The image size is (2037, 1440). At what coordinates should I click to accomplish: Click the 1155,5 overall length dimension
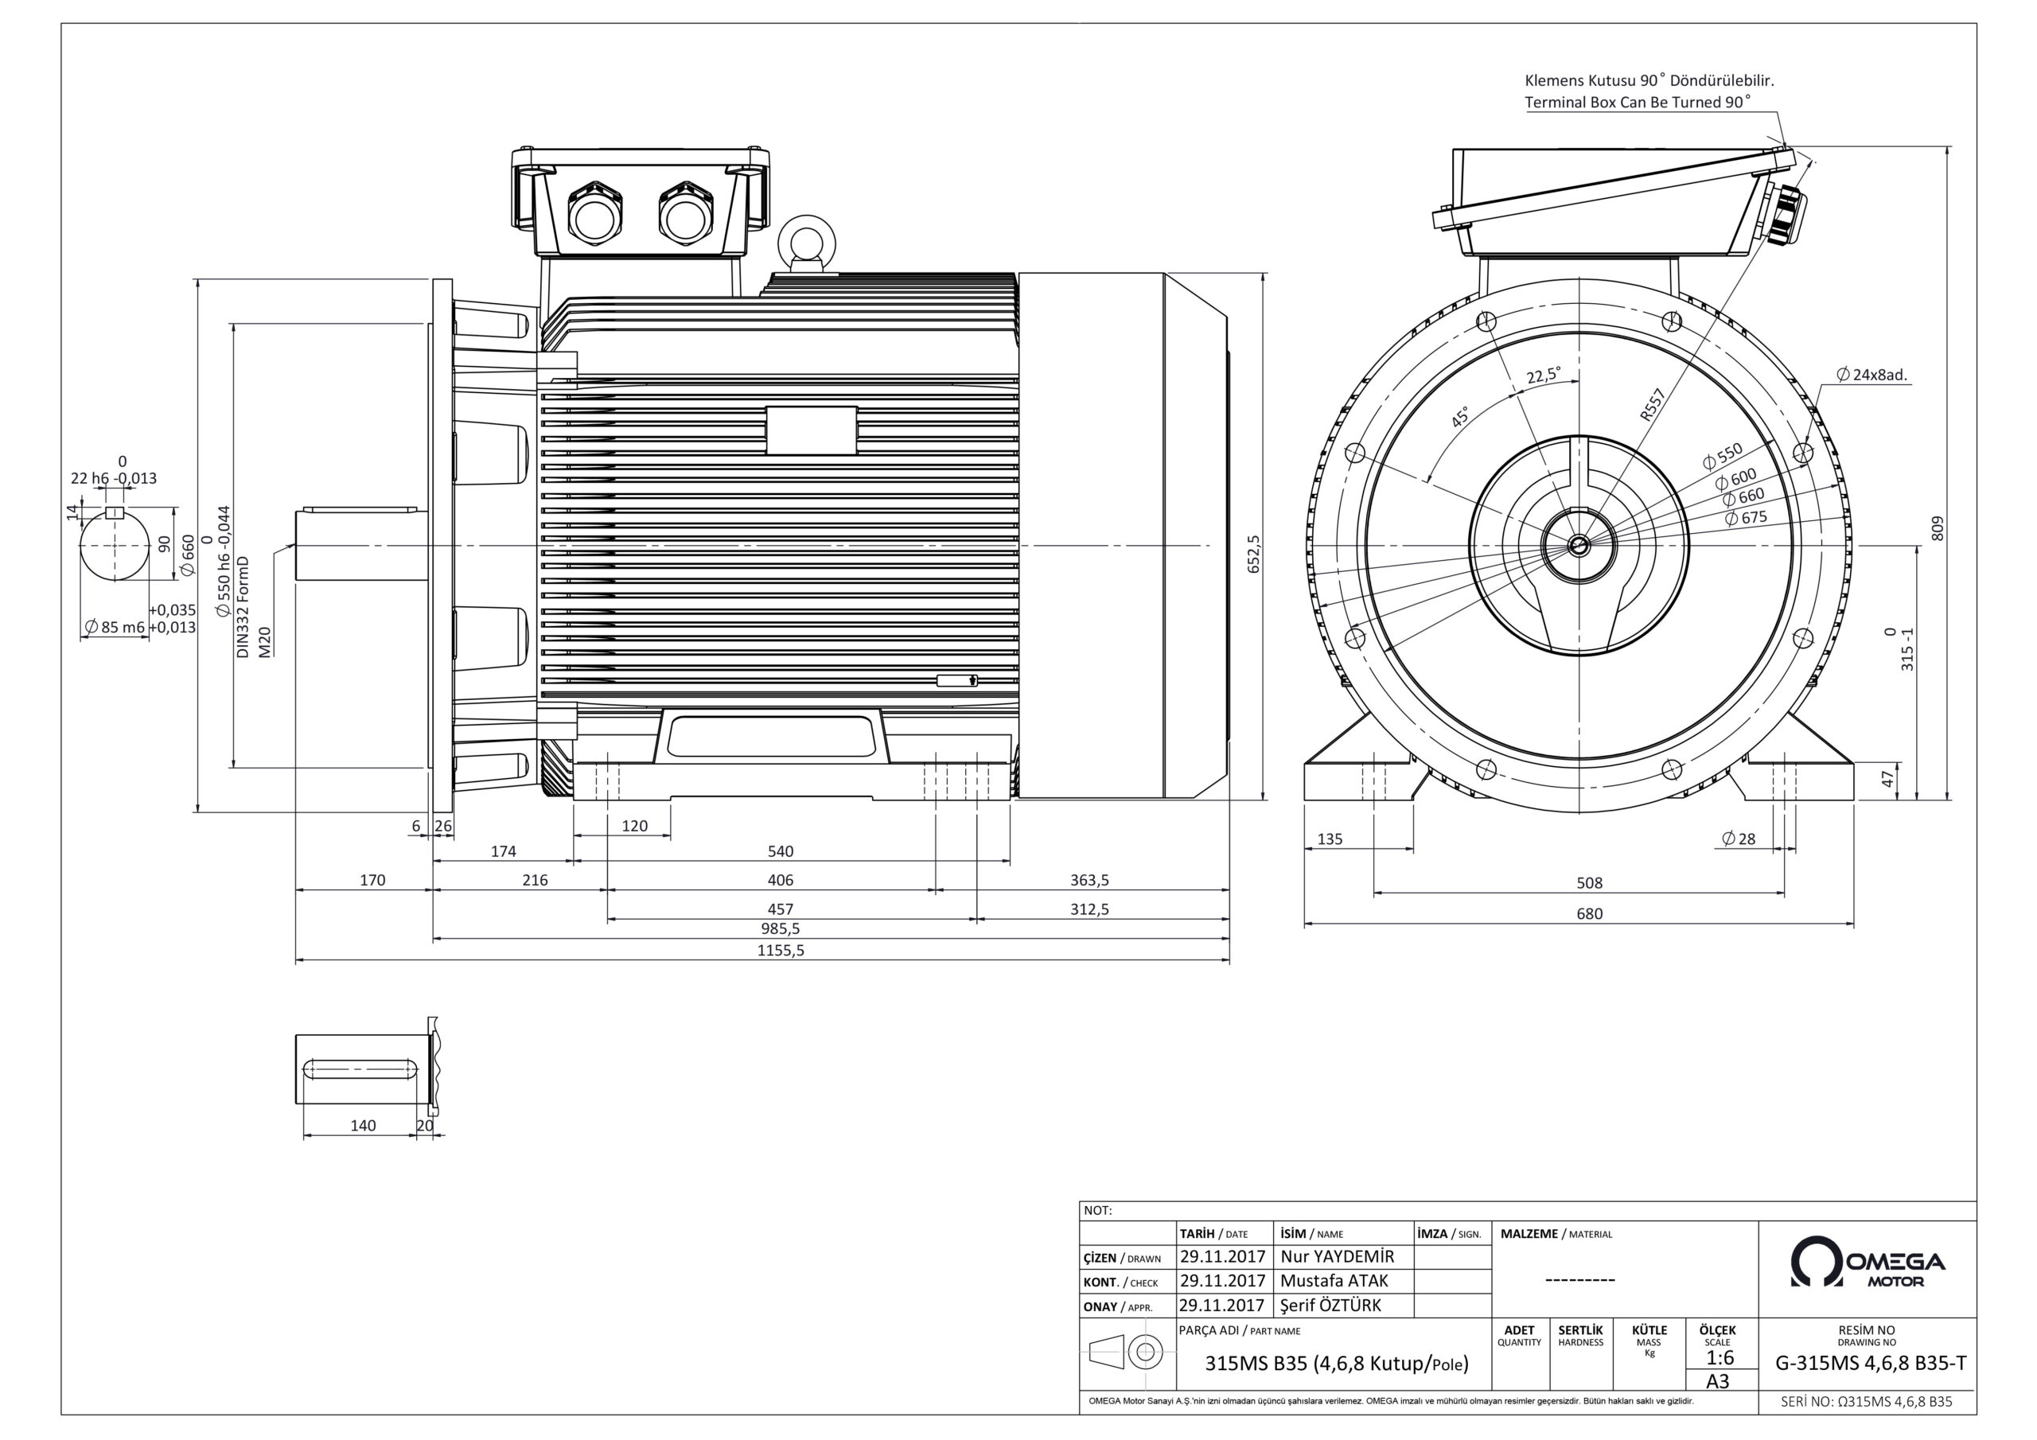pyautogui.click(x=780, y=950)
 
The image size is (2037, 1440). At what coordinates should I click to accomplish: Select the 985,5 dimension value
pyautogui.click(x=780, y=928)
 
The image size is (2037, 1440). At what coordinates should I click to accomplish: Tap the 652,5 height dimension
pyautogui.click(x=1253, y=554)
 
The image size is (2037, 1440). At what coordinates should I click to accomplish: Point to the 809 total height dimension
pyautogui.click(x=1937, y=528)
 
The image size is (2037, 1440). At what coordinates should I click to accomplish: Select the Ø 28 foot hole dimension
pyautogui.click(x=1738, y=839)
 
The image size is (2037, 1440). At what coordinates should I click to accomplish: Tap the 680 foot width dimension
pyautogui.click(x=1589, y=913)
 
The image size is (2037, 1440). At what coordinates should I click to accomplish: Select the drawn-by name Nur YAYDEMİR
pyautogui.click(x=1337, y=1256)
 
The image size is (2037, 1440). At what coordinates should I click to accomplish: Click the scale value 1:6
pyautogui.click(x=1720, y=1357)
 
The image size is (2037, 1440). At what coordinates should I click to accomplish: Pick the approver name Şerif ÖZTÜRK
pyautogui.click(x=1330, y=1305)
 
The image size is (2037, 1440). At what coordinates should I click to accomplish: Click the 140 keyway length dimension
pyautogui.click(x=363, y=1125)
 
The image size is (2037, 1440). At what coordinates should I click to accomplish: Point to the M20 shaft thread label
pyautogui.click(x=264, y=641)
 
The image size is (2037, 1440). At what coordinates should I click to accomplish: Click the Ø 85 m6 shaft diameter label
pyautogui.click(x=115, y=627)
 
